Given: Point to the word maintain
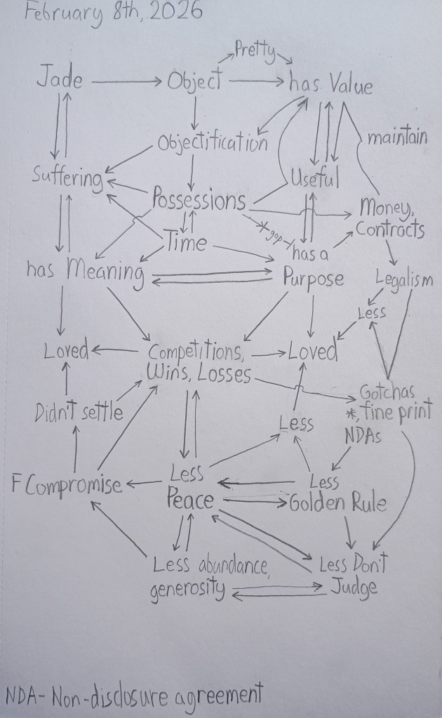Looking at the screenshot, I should (x=396, y=138).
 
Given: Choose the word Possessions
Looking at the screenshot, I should (x=199, y=201).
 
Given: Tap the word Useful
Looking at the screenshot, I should (x=315, y=178).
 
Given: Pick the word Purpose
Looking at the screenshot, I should (x=314, y=279).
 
